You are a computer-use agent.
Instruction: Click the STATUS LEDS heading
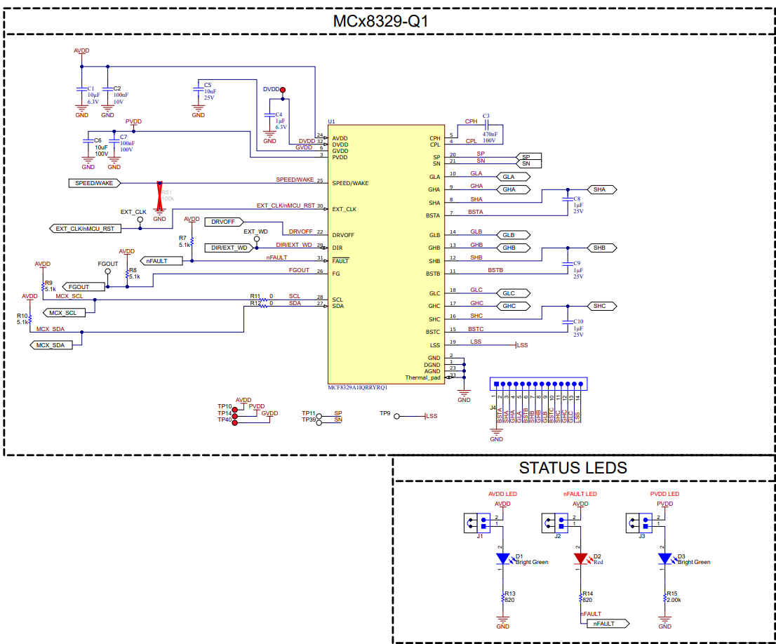pyautogui.click(x=573, y=468)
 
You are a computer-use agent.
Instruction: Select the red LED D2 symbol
pyautogui.click(x=580, y=558)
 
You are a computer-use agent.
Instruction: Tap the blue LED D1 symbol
pyautogui.click(x=502, y=558)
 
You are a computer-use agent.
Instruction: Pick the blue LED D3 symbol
pyautogui.click(x=664, y=558)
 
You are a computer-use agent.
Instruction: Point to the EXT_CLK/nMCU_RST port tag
pyautogui.click(x=84, y=228)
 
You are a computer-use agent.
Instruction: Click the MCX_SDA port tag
pyautogui.click(x=55, y=345)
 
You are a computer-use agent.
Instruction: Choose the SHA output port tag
pyautogui.click(x=601, y=189)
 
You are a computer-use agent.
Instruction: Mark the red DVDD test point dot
pyautogui.click(x=283, y=90)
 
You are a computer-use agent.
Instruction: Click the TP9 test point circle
pyautogui.click(x=396, y=416)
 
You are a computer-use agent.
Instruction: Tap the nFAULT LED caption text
pyautogui.click(x=580, y=495)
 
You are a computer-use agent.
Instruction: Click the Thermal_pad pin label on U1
pyautogui.click(x=423, y=378)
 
